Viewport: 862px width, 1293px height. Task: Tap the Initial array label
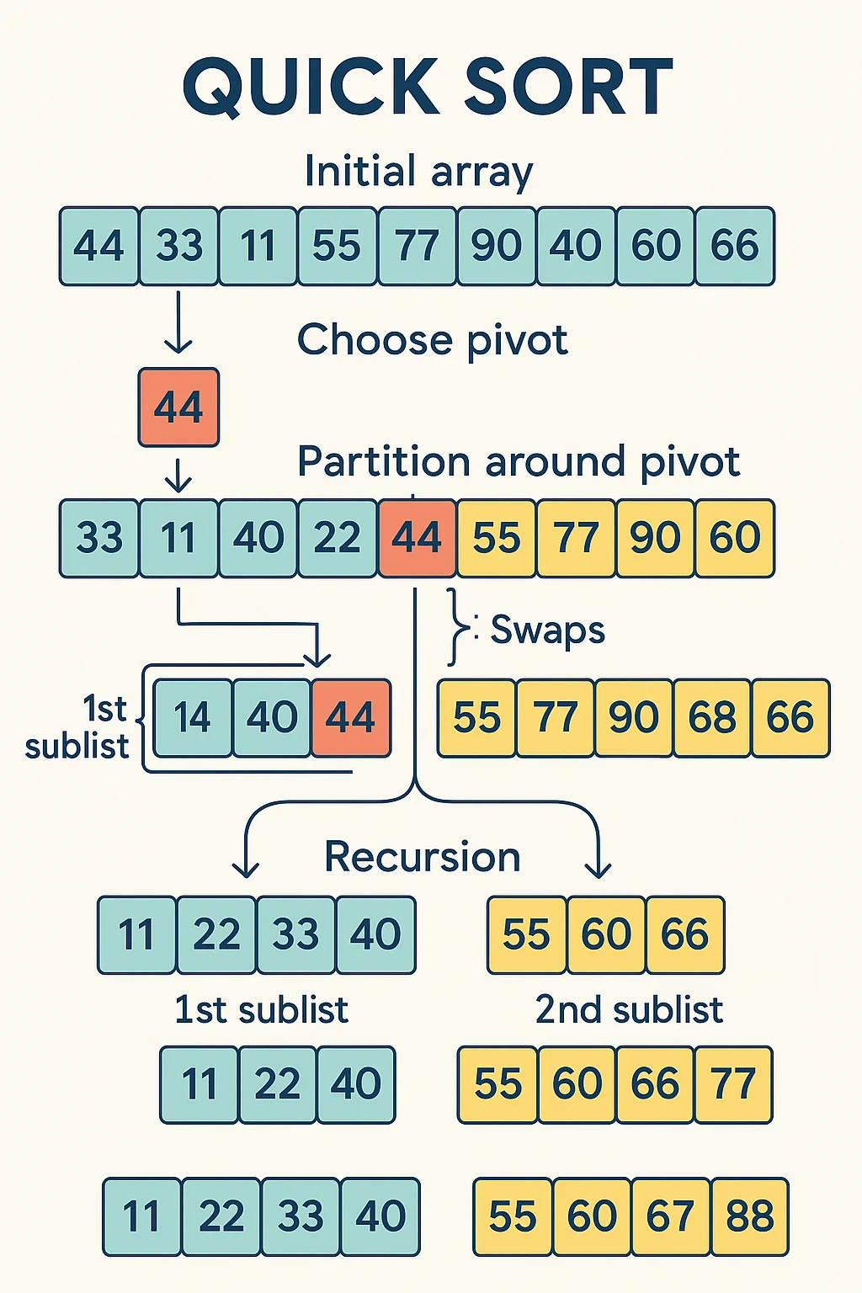click(x=418, y=172)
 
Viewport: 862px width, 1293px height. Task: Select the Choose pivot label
click(x=432, y=341)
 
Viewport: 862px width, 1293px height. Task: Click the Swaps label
click(x=547, y=630)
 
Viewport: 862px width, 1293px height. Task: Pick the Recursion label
click(x=423, y=857)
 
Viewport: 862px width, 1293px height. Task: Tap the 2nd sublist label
click(x=629, y=1009)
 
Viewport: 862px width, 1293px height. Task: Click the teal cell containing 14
click(x=193, y=718)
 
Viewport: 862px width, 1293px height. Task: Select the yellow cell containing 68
click(x=712, y=718)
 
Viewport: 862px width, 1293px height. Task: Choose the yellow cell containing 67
click(x=669, y=1216)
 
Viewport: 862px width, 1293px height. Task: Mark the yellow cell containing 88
click(x=749, y=1216)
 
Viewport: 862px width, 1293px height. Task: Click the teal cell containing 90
click(x=496, y=246)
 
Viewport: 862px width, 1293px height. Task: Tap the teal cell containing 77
click(x=417, y=246)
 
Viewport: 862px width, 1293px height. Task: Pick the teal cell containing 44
click(x=98, y=246)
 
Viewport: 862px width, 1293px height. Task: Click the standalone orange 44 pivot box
click(x=178, y=407)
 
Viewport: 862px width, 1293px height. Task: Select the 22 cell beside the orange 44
click(x=338, y=538)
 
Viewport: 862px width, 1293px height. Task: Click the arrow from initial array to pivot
click(x=178, y=323)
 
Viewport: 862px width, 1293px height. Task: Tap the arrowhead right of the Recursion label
click(x=599, y=867)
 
